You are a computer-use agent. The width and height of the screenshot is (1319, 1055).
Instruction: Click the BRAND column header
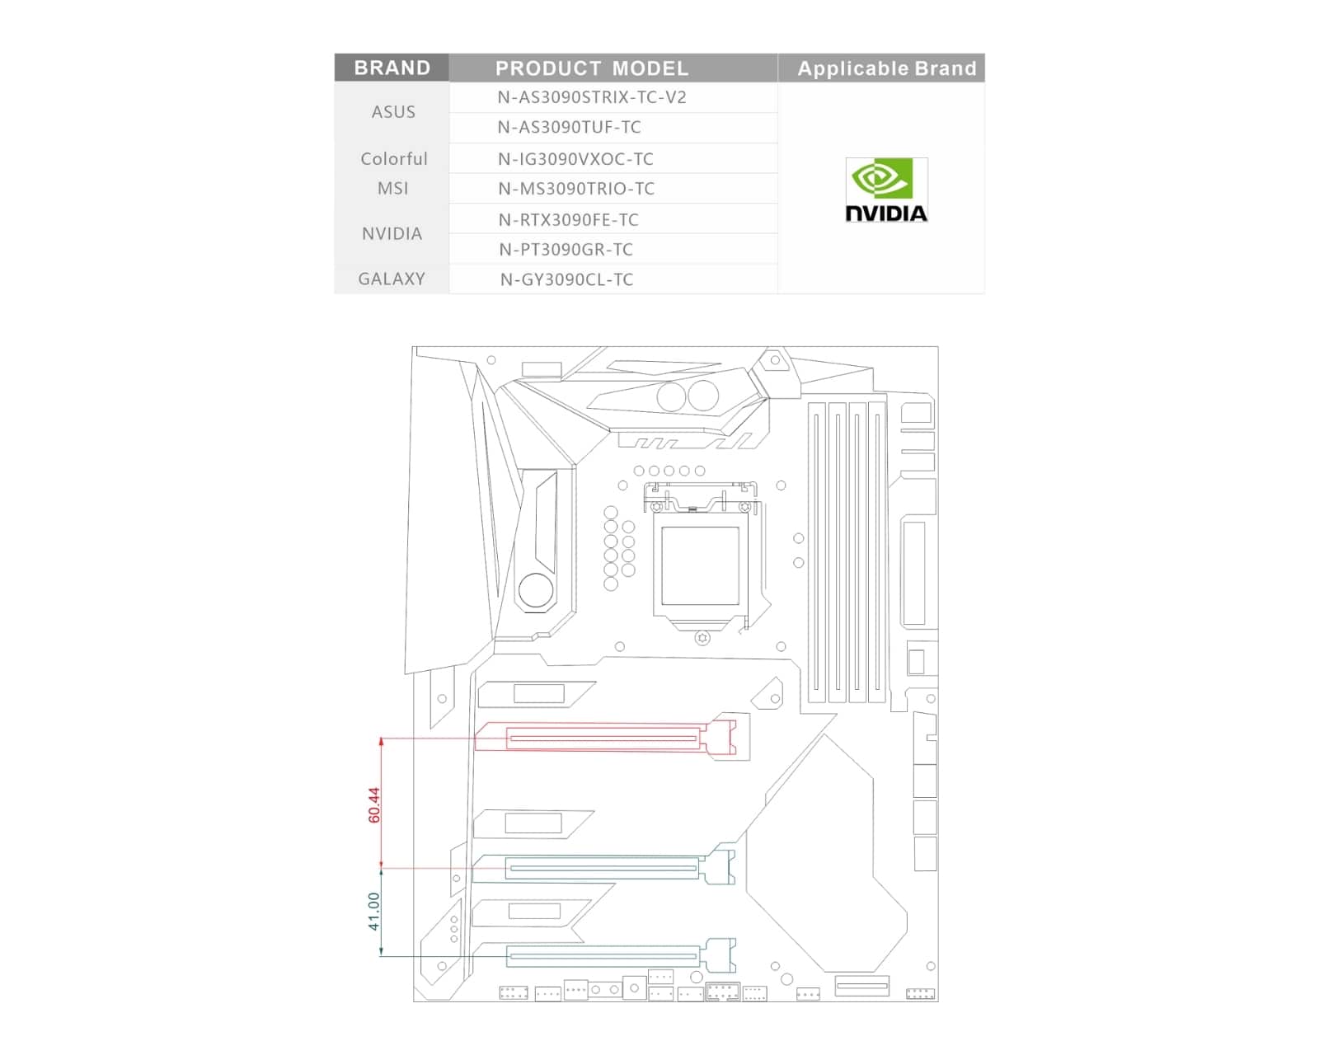(x=392, y=68)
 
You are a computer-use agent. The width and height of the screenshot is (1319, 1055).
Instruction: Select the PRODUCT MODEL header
(x=591, y=68)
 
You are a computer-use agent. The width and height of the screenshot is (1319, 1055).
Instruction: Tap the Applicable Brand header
(x=886, y=68)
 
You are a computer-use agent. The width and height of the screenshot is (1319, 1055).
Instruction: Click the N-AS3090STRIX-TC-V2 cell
(x=591, y=97)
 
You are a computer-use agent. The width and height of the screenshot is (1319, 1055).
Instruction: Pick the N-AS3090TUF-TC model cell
(x=569, y=127)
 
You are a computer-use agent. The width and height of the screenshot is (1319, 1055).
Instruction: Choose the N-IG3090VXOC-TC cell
(x=575, y=159)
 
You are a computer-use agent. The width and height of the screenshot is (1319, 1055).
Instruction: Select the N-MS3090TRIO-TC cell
(x=576, y=188)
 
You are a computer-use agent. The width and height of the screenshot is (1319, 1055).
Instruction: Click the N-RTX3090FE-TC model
(x=568, y=219)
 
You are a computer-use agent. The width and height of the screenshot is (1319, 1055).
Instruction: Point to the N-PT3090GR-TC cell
(x=566, y=250)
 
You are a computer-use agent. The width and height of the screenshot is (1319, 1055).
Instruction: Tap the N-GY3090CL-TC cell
(x=566, y=279)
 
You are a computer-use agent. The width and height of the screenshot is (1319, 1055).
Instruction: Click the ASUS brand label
(x=393, y=111)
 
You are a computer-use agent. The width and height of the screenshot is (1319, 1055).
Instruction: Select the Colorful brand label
(x=393, y=159)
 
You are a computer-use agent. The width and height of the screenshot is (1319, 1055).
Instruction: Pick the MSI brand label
(x=393, y=188)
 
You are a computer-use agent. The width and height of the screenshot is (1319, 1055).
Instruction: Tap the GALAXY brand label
(x=392, y=279)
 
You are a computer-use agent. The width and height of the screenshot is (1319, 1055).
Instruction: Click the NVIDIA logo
(x=886, y=190)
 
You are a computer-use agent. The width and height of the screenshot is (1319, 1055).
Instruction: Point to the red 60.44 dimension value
(x=374, y=804)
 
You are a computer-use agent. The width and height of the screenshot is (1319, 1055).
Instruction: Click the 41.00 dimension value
(x=374, y=911)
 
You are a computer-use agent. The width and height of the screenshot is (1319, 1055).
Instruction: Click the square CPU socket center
(x=700, y=565)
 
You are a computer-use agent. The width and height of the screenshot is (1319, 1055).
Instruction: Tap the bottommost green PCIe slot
(x=621, y=956)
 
